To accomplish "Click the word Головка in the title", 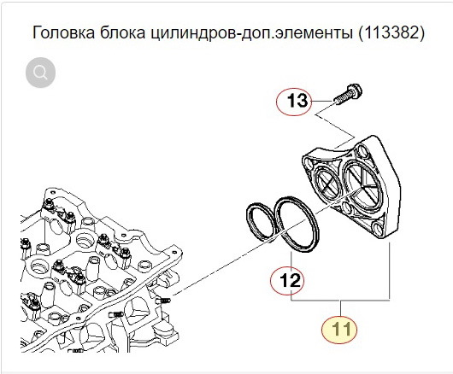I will (x=62, y=34).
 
